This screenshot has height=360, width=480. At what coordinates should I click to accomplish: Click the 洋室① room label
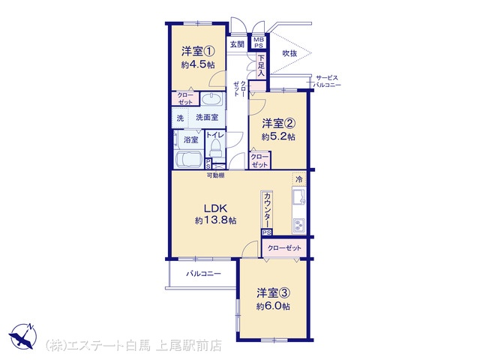[x=198, y=52]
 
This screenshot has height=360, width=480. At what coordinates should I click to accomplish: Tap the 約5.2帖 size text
[x=278, y=136]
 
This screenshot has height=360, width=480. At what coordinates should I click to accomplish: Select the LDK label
[x=215, y=208]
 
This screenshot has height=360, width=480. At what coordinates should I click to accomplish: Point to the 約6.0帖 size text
[x=273, y=306]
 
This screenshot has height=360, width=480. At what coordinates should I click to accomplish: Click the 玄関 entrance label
[x=237, y=44]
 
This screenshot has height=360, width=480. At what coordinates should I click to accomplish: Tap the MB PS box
[x=259, y=43]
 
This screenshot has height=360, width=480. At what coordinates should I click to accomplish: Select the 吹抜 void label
[x=289, y=53]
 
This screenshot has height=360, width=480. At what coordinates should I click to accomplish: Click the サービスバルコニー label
[x=327, y=82]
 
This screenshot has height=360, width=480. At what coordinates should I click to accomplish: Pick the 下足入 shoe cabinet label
[x=261, y=65]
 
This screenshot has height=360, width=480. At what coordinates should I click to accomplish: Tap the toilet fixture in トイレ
[x=216, y=148]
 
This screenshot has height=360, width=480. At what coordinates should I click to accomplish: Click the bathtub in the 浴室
[x=187, y=159]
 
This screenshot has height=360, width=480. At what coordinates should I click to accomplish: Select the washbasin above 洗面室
[x=211, y=100]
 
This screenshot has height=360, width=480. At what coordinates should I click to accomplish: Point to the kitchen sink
[x=298, y=196]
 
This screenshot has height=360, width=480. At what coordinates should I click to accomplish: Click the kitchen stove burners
[x=298, y=226]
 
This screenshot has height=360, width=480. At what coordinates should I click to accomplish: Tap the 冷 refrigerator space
[x=299, y=178]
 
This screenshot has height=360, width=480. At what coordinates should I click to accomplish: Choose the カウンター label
[x=267, y=210]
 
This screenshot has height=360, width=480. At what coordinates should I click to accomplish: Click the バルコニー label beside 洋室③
[x=203, y=274]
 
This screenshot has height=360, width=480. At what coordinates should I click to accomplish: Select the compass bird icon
[x=22, y=336]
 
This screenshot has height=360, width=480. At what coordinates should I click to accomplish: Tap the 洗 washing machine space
[x=180, y=118]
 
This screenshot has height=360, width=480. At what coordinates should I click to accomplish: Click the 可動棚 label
[x=215, y=175]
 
